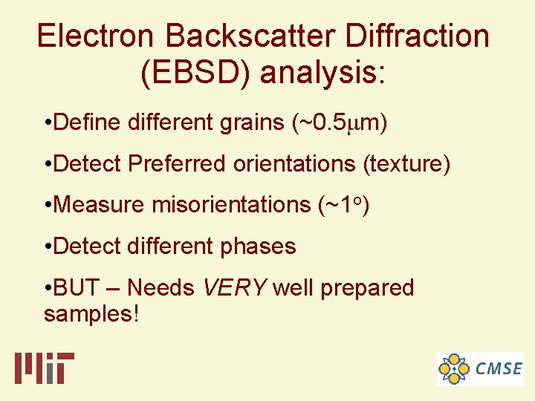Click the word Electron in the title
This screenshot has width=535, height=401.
point(97,36)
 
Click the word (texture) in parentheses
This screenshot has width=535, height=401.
point(406,163)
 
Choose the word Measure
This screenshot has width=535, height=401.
point(100,204)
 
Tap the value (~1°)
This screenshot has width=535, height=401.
point(344,204)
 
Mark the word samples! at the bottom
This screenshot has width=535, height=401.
point(91,314)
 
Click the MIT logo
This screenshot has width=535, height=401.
point(44,368)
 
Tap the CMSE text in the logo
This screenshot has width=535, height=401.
point(499,368)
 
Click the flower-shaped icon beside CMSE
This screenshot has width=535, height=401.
point(454,368)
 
